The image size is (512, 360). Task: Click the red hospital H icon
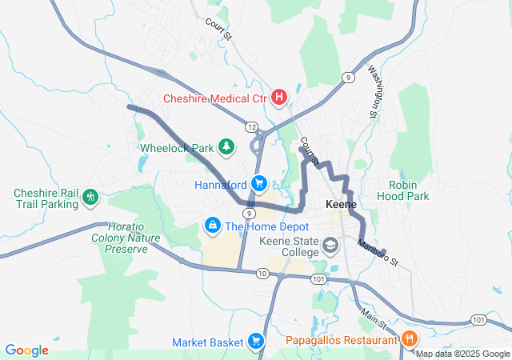pos(279,98)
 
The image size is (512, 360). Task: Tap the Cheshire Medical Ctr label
pos(214,98)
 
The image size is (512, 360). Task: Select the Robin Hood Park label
pos(409,190)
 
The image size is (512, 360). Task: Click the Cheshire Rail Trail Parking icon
pos(90,196)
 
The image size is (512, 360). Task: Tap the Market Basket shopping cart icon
pos(256,342)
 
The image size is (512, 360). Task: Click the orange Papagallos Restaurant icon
pos(410,339)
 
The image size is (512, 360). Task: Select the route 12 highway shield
pos(251,127)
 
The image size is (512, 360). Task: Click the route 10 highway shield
pos(262,274)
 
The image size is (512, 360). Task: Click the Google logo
pos(27,350)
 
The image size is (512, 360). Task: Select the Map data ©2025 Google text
pos(462,354)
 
